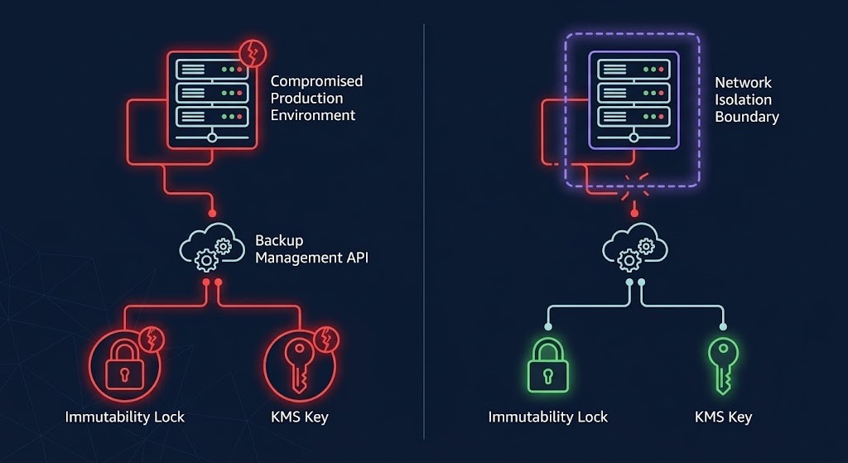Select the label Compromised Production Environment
coord(316,98)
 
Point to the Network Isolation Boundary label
coord(746,99)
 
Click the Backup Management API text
coord(311,248)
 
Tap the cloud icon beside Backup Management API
coord(212,247)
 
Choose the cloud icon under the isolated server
coord(634,247)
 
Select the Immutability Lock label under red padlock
coord(124,417)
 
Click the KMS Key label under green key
coord(723,417)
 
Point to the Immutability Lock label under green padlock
coord(548,417)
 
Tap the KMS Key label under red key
coord(300,417)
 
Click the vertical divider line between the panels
coord(424,232)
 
